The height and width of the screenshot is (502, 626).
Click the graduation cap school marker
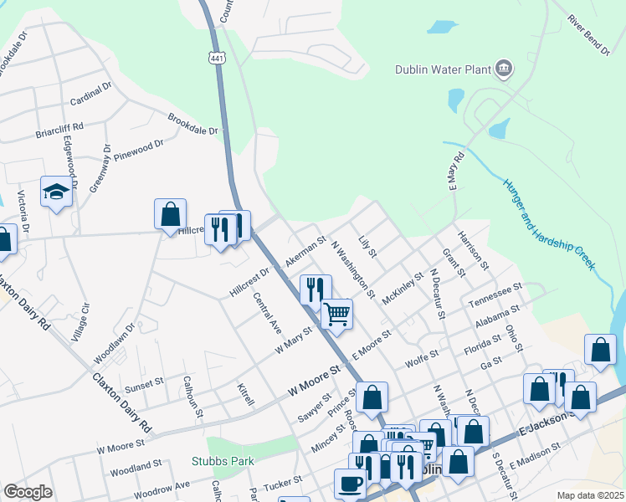(x=56, y=192)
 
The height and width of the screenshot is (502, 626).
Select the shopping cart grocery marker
(x=336, y=315)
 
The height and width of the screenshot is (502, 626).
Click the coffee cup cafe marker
(x=350, y=483)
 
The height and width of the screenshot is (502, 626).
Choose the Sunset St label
(x=144, y=383)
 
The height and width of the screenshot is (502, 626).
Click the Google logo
(x=28, y=492)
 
